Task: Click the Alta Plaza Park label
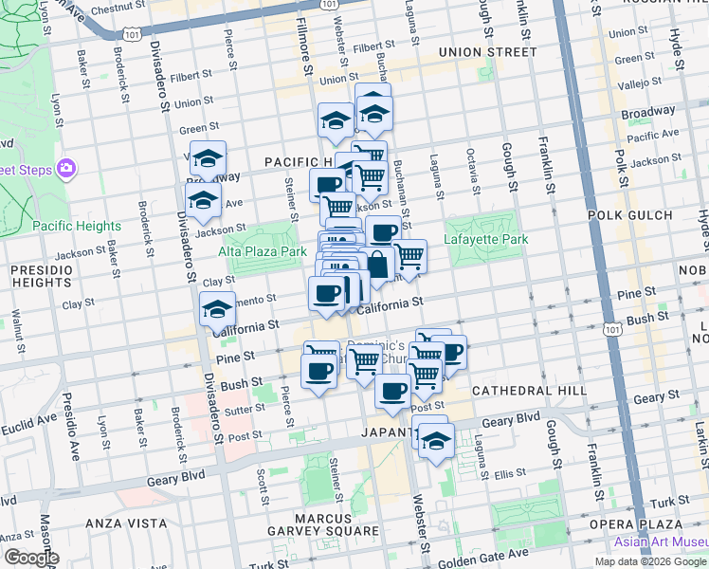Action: [x=263, y=251]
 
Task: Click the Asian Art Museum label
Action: [x=660, y=541]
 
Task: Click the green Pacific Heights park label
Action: [x=76, y=227]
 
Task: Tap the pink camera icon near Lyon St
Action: [x=65, y=169]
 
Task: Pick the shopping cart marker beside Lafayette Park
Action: [x=409, y=256]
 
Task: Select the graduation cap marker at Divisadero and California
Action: [x=218, y=309]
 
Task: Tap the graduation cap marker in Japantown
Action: [x=436, y=441]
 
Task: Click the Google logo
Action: [x=30, y=558]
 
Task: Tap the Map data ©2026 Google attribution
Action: [x=650, y=560]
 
